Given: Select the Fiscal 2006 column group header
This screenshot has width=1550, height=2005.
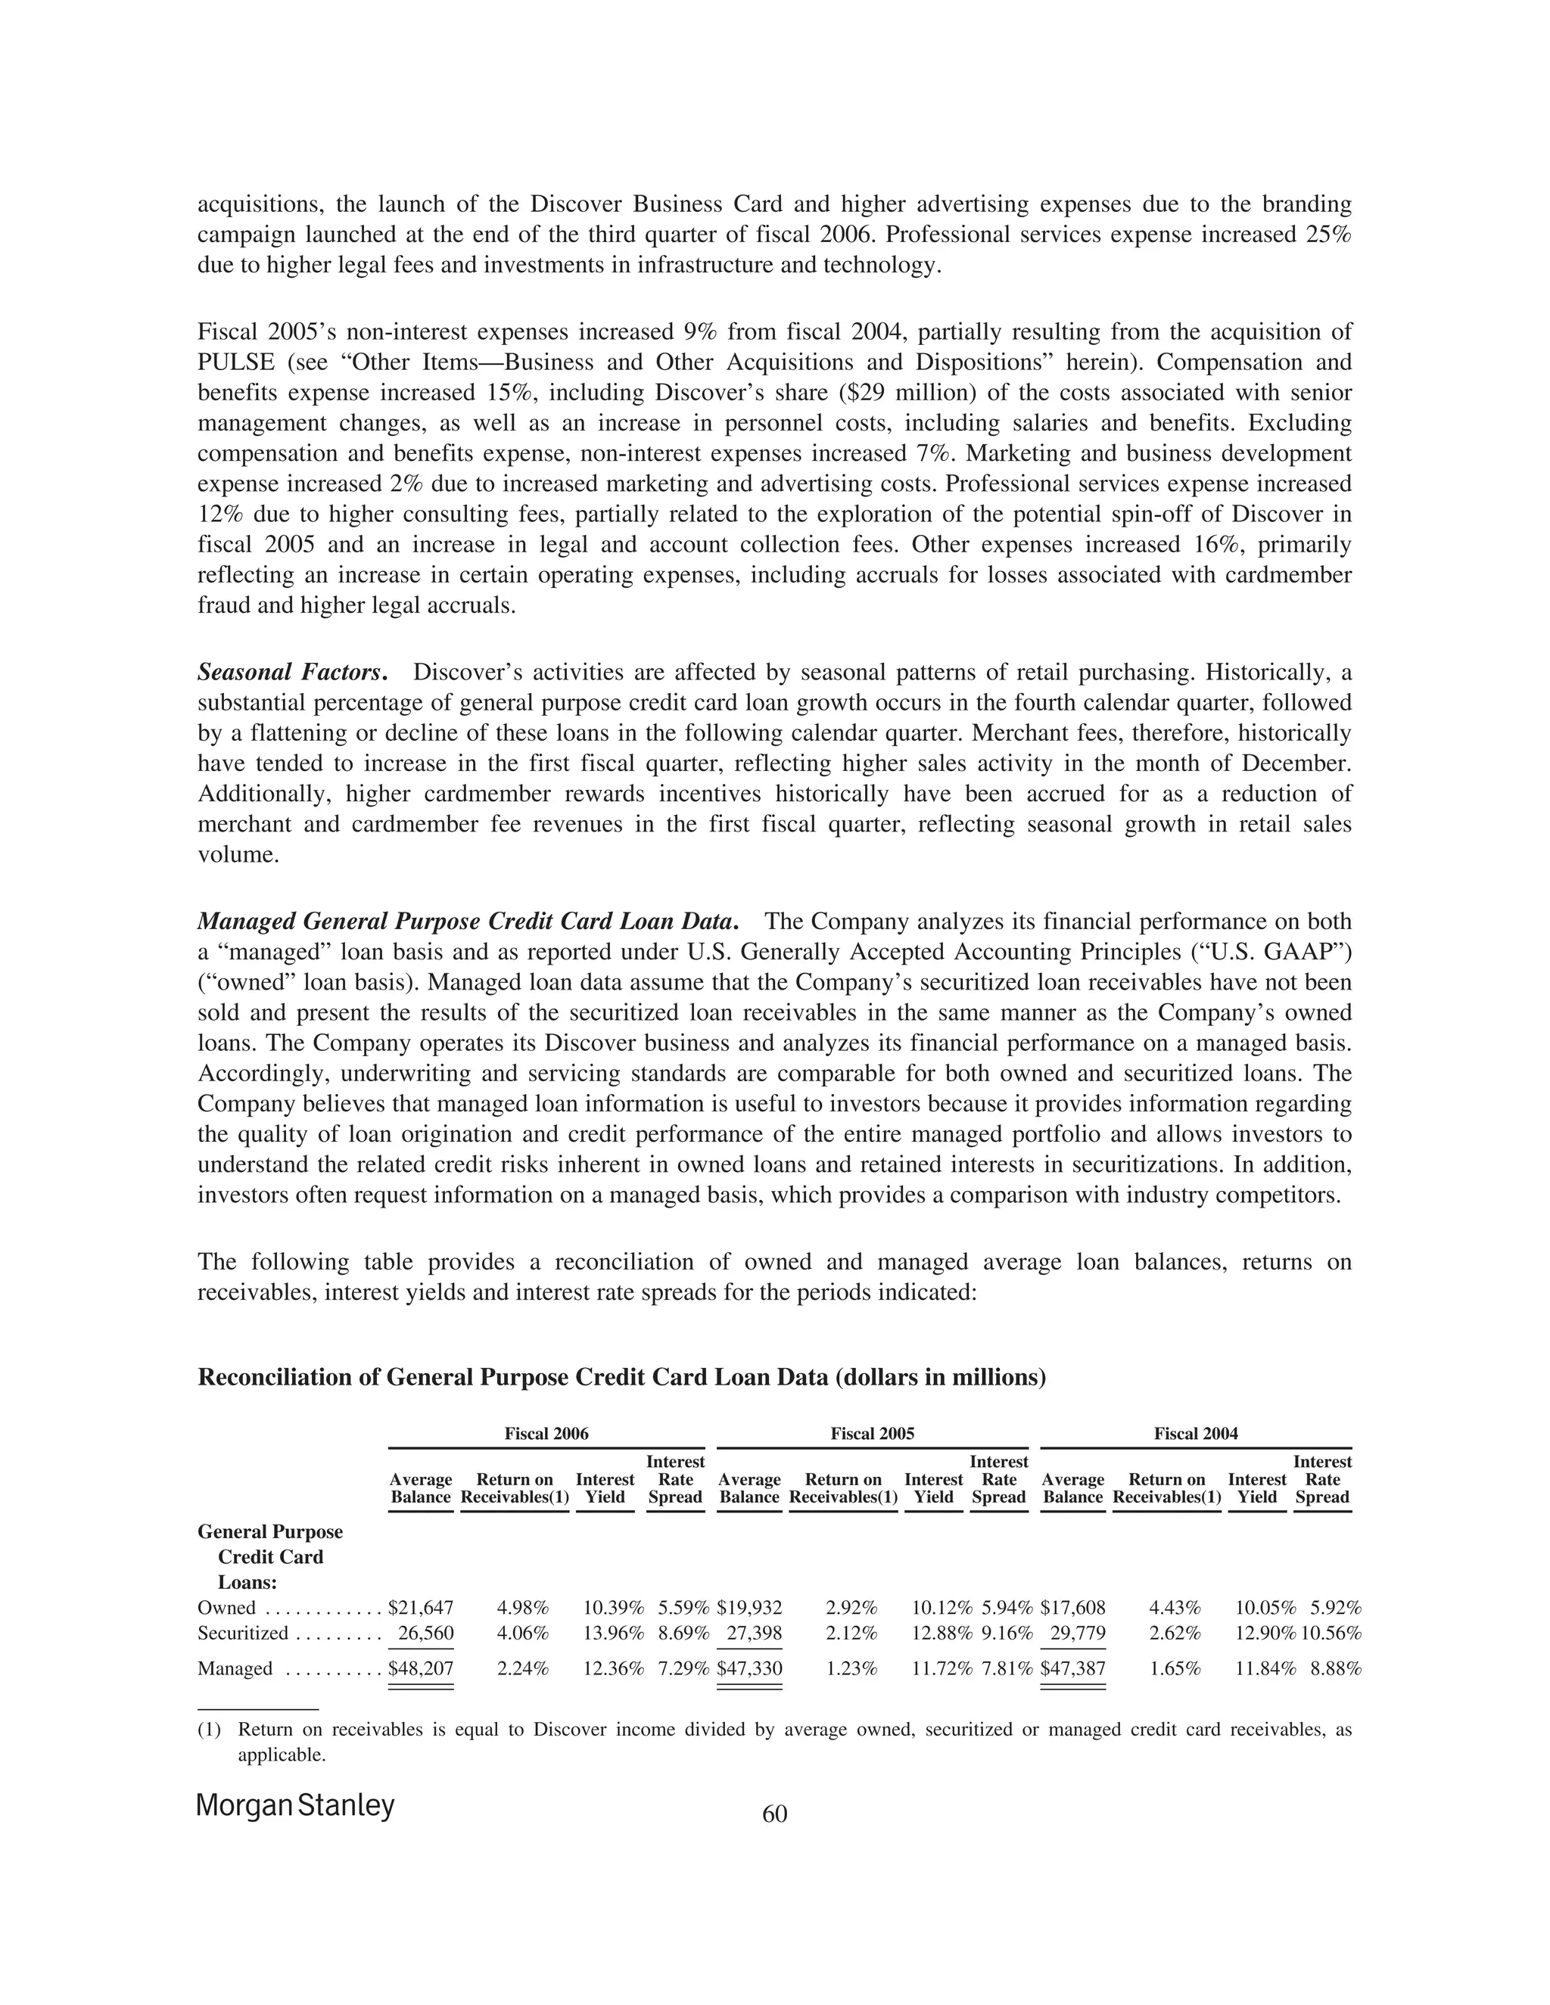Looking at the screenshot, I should (546, 1433).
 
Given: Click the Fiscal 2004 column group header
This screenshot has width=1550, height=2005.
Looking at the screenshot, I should (1196, 1433).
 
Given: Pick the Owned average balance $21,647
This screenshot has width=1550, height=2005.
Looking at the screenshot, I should (421, 1608).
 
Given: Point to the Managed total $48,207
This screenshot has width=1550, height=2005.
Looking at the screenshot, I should (421, 1668).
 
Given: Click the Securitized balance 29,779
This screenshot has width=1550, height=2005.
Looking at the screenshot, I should (1077, 1634).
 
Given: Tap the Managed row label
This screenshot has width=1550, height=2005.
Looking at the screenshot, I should (235, 1668).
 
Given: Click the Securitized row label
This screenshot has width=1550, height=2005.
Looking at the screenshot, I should (242, 1634).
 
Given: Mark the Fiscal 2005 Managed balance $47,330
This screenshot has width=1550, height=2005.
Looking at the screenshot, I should (749, 1668).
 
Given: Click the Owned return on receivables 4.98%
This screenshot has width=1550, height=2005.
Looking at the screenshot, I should (522, 1608).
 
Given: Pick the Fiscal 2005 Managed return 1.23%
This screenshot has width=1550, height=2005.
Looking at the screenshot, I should (851, 1668).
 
